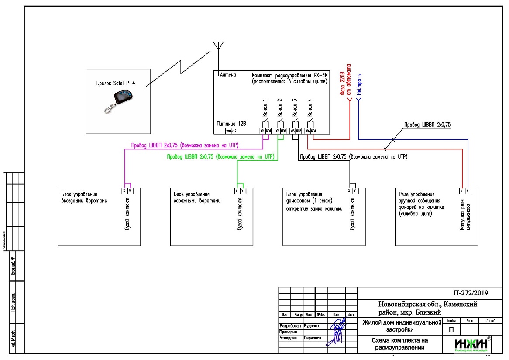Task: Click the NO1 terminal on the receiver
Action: coord(268,131)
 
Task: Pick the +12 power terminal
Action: coord(234,131)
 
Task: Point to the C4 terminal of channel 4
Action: coord(308,131)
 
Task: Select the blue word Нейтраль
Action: coord(359,84)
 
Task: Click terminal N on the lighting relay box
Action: coord(468,191)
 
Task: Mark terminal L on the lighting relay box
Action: coord(461,191)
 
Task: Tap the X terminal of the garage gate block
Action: coord(237,191)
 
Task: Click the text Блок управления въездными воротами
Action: coord(83,197)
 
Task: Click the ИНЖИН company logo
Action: coord(471,344)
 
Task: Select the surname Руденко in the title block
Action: coord(312,326)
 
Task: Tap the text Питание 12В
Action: coord(231,124)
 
